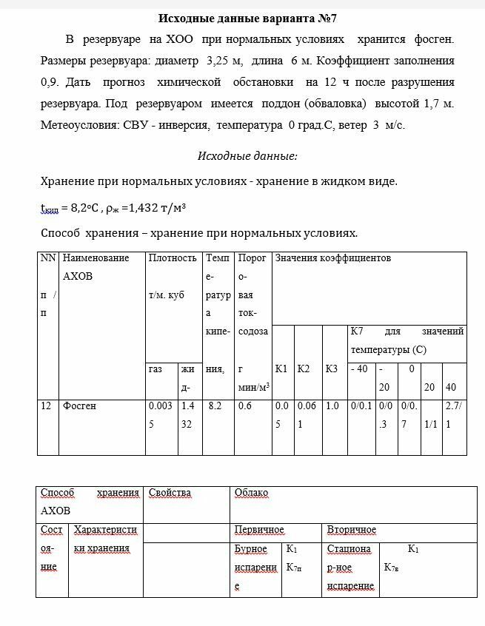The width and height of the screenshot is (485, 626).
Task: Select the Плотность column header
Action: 173,258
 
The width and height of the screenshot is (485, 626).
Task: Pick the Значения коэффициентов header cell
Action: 333,258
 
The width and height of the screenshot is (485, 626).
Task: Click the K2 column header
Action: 304,368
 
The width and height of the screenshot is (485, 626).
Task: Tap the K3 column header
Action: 332,368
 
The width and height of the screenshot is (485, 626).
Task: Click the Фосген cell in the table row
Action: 79,405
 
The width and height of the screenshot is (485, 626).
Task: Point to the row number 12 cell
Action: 47,405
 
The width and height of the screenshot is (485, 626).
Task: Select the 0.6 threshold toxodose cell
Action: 245,405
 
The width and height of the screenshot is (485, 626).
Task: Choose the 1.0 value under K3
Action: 332,405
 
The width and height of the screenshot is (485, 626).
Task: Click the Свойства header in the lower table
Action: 170,493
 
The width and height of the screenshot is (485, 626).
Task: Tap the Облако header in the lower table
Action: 251,493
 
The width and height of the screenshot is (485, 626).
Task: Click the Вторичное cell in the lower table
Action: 352,530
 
